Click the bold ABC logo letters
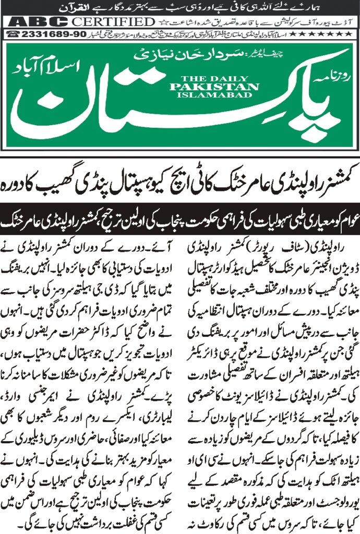tap(39, 22)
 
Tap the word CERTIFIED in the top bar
tap(113, 22)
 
